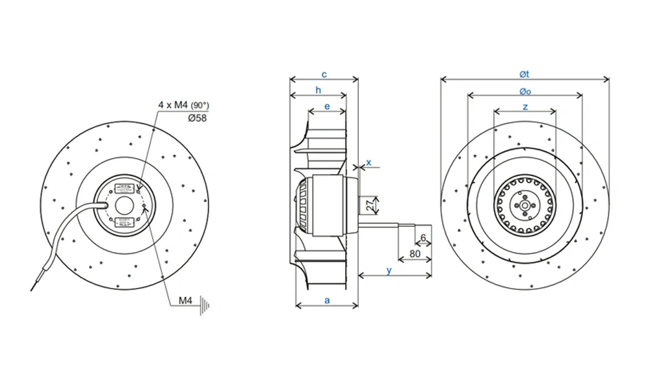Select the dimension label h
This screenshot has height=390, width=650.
(318, 90)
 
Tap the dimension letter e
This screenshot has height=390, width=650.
(327, 106)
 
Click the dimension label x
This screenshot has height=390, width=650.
(369, 162)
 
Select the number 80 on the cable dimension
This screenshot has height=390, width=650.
(414, 253)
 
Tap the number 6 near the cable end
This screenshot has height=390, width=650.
(423, 238)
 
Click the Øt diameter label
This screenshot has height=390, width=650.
(525, 73)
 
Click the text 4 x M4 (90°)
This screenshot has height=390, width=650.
(183, 105)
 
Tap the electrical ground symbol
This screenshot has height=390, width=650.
(207, 303)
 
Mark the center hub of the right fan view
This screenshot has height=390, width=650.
(525, 205)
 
